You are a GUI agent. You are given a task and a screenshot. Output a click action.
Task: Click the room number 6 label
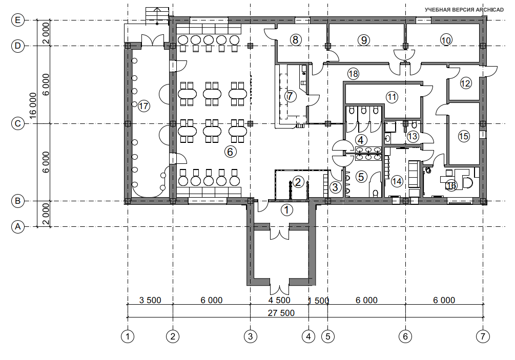click(x=230, y=152)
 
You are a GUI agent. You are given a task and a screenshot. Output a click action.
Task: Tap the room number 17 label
click(x=143, y=106)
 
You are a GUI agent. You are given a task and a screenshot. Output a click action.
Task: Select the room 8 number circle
click(x=296, y=40)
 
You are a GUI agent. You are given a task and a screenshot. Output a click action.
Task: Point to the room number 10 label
click(x=446, y=40)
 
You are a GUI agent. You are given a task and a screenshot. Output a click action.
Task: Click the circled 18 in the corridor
click(x=353, y=74)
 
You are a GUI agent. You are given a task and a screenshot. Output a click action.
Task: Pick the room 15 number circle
click(x=464, y=136)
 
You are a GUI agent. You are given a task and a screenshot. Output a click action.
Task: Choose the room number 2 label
click(x=298, y=182)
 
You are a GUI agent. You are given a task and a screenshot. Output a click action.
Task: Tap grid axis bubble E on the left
click(x=18, y=20)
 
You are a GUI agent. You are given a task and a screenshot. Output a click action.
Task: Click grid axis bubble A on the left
click(x=18, y=226)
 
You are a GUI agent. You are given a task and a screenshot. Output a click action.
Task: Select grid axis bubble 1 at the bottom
click(x=128, y=336)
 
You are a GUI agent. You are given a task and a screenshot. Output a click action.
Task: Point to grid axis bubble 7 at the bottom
click(x=483, y=336)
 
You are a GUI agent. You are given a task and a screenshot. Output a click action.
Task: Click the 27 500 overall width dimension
click(x=281, y=313)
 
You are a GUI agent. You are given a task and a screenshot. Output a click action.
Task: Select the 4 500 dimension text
click(x=279, y=300)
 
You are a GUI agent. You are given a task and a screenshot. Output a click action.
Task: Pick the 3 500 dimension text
click(x=150, y=300)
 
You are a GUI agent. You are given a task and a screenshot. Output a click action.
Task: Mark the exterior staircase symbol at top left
click(x=157, y=16)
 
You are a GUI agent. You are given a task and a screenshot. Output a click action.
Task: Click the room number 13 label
click(x=413, y=136)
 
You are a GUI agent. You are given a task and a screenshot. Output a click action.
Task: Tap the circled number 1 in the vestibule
click(x=287, y=209)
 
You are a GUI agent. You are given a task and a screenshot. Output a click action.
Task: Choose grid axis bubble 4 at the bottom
click(x=308, y=336)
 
